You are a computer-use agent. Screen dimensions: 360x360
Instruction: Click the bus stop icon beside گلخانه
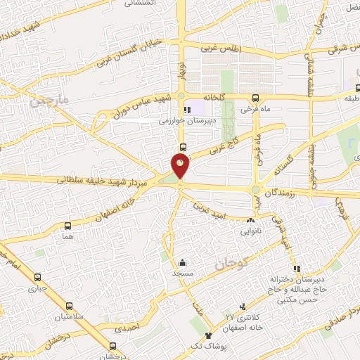pyautogui.click(x=255, y=98)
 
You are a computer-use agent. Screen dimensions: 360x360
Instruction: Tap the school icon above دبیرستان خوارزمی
pyautogui.click(x=186, y=110)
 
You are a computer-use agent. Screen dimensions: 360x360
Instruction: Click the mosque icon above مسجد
pyautogui.click(x=182, y=261)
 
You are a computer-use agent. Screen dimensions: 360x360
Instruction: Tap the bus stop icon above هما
pyautogui.click(x=67, y=226)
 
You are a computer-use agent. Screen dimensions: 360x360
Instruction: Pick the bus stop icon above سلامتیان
pyautogui.click(x=68, y=306)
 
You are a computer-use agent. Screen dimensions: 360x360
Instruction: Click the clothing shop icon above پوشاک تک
pyautogui.click(x=208, y=337)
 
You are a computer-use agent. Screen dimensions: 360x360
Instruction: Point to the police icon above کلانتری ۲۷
pyautogui.click(x=242, y=307)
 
